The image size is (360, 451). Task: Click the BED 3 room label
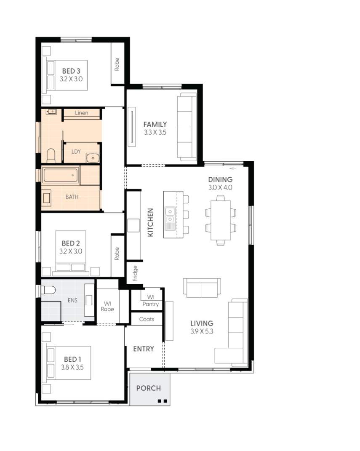point(71,71)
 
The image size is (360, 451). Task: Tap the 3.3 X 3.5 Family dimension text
point(155,132)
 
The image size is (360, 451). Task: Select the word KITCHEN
point(150,222)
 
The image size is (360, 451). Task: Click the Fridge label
point(135,273)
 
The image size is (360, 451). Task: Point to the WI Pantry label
point(150,301)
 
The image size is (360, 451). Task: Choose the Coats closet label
point(147,319)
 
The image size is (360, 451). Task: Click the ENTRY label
point(144,349)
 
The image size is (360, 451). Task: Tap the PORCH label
point(148,388)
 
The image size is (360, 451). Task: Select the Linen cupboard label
point(82,113)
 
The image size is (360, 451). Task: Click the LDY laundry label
point(76,152)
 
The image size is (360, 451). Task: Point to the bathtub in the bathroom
point(61,175)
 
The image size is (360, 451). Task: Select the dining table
point(221,219)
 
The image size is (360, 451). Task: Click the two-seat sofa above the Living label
point(202,288)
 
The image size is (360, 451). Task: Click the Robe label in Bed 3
point(117,64)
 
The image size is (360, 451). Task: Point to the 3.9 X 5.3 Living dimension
point(201,331)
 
